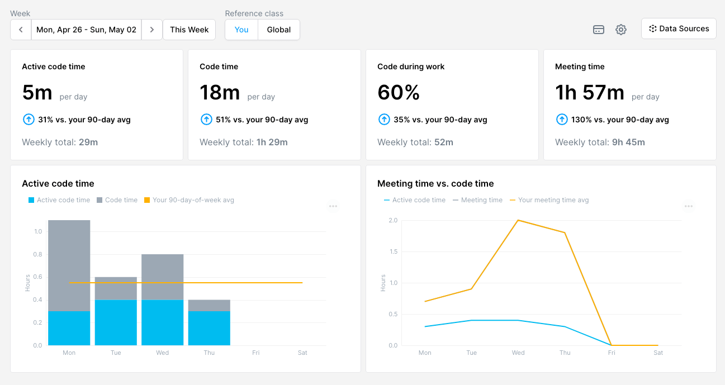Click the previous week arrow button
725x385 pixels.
pyautogui.click(x=21, y=30)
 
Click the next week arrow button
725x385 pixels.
pyautogui.click(x=151, y=30)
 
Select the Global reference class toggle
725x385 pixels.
pyautogui.click(x=278, y=30)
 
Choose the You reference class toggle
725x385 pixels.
pyautogui.click(x=241, y=30)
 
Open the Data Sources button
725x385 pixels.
pyautogui.click(x=679, y=28)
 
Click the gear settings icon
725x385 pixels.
pyautogui.click(x=621, y=30)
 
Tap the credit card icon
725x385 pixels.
pyautogui.click(x=599, y=30)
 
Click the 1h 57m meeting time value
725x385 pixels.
pyautogui.click(x=589, y=92)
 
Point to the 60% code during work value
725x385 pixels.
pyautogui.click(x=399, y=92)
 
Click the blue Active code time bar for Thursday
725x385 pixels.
pyautogui.click(x=209, y=328)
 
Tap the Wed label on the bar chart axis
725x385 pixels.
pyautogui.click(x=163, y=353)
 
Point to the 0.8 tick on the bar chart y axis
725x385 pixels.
pyautogui.click(x=38, y=254)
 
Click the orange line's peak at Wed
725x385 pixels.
pyautogui.click(x=518, y=220)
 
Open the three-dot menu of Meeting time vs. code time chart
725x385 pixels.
pyautogui.click(x=689, y=206)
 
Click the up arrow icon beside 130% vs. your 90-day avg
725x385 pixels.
pyautogui.click(x=562, y=120)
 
